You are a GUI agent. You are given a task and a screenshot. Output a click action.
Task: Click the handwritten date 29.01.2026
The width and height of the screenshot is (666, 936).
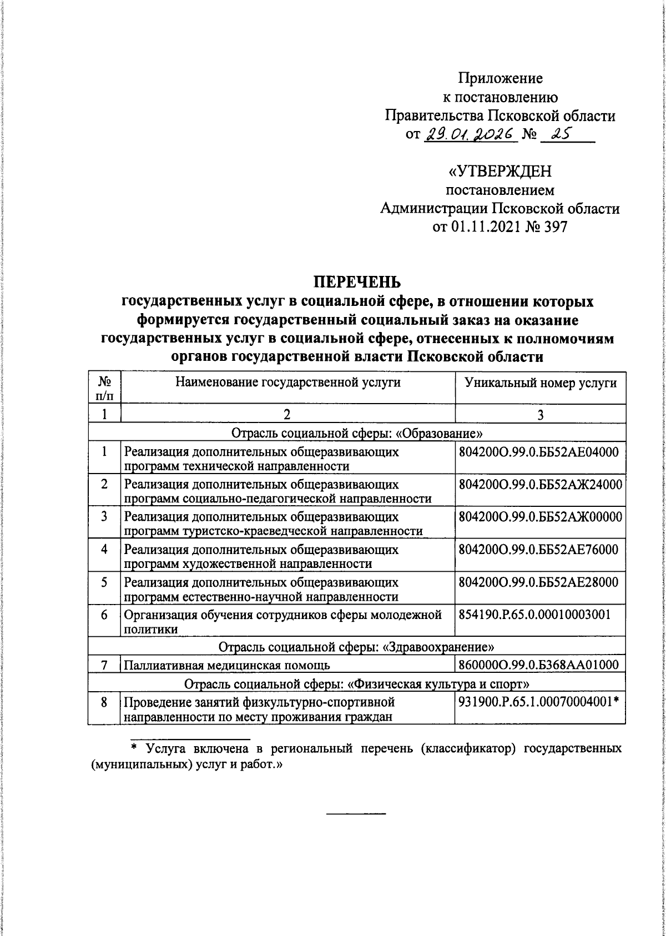[x=471, y=135]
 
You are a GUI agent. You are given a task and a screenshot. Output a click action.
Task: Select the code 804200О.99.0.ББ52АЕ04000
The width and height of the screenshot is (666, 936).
[x=538, y=452]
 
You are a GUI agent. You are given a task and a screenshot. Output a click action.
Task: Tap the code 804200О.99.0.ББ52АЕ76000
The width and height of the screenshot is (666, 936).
[x=538, y=550]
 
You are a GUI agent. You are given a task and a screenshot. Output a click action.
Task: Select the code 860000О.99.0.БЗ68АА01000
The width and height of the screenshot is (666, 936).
[x=538, y=665]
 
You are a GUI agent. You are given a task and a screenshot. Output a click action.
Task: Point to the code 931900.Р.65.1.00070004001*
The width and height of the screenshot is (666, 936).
[x=538, y=702]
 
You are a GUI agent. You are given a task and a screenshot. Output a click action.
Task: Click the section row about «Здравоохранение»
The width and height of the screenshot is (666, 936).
[x=357, y=647]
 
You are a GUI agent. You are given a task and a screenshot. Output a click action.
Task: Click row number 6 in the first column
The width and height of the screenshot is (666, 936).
[x=104, y=616]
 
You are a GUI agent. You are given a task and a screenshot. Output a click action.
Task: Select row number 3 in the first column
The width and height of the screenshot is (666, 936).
[x=104, y=517]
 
